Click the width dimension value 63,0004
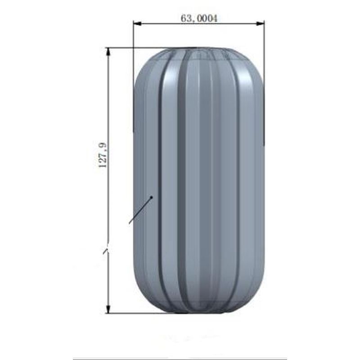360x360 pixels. point(199,18)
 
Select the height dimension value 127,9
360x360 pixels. point(102,155)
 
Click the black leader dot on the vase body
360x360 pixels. point(152,197)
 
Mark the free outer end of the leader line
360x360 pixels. point(130,223)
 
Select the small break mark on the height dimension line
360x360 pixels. point(106,250)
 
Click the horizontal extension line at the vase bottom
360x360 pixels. point(135,313)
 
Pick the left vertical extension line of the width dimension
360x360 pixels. point(134,81)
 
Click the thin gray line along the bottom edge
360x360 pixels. point(180,359)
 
